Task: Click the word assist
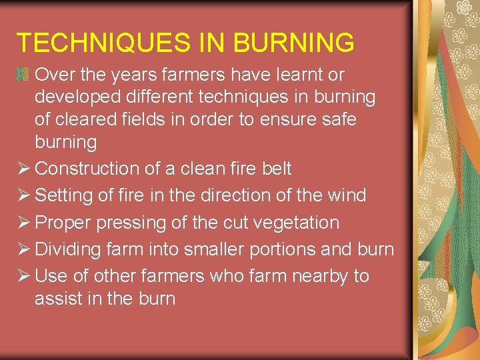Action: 59,299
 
